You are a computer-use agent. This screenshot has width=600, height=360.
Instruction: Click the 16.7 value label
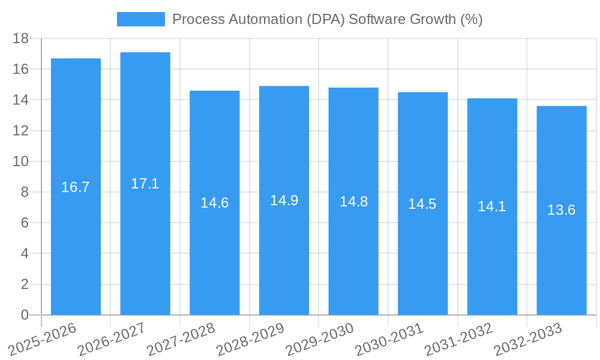(x=76, y=187)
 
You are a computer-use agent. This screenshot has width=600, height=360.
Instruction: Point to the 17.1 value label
(x=145, y=184)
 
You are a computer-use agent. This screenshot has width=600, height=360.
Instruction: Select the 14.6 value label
(x=214, y=203)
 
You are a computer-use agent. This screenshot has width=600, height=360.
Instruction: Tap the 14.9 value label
(x=284, y=200)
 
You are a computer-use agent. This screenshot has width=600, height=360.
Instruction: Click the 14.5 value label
(x=422, y=204)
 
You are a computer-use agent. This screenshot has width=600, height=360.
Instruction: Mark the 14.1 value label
(x=492, y=206)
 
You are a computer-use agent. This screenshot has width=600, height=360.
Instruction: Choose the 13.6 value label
(x=562, y=210)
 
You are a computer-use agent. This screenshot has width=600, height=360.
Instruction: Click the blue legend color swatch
(x=140, y=19)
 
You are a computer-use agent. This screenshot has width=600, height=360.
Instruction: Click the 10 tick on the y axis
(x=21, y=161)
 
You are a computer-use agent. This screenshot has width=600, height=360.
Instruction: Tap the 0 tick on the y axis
(x=25, y=315)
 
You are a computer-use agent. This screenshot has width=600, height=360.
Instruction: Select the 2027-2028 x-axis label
(x=181, y=340)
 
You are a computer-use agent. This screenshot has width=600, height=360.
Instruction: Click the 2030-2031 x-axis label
(x=389, y=340)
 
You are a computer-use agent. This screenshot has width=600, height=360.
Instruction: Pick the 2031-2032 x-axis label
(x=459, y=340)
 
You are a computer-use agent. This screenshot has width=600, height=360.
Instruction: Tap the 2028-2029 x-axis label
(x=250, y=340)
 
